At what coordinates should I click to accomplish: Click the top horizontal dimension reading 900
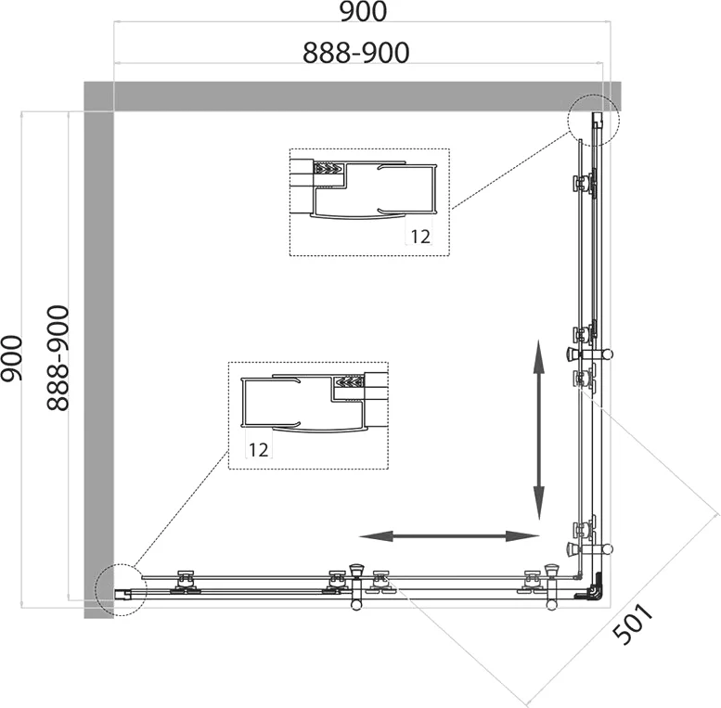tap(363, 11)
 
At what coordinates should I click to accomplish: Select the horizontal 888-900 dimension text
tap(356, 52)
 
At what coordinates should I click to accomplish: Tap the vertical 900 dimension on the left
tap(12, 358)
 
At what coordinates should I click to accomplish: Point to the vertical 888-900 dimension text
tap(58, 358)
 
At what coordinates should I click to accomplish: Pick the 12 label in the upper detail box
tap(420, 237)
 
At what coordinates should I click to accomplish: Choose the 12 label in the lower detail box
tap(258, 450)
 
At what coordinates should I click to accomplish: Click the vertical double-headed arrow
tap(539, 430)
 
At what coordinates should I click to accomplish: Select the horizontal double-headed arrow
tap(449, 535)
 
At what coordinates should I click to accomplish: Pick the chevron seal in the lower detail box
tap(350, 381)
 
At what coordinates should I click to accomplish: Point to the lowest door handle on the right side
tap(589, 548)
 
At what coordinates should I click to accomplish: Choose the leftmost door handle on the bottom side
tap(356, 587)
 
